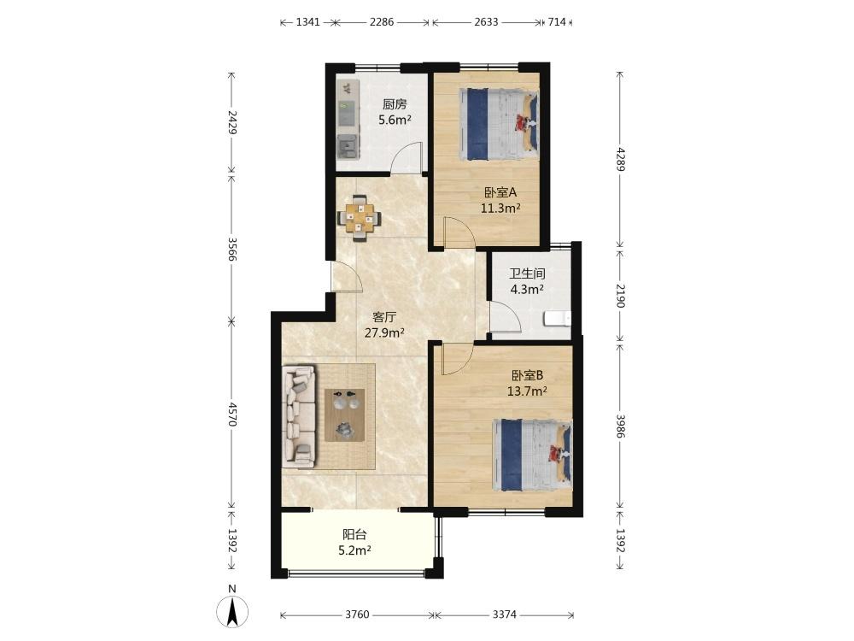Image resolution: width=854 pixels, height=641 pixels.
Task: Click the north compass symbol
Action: coord(232,611)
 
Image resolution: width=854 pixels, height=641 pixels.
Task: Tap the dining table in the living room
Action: coord(359,219)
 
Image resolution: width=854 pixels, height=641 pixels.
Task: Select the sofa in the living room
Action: coord(298,416)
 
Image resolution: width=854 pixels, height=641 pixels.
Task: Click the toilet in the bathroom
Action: coord(558,318)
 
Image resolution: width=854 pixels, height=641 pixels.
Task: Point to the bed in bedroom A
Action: coord(499,124)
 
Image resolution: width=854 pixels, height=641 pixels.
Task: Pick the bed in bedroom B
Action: coord(532,455)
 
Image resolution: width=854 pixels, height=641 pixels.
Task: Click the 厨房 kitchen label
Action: coord(395,104)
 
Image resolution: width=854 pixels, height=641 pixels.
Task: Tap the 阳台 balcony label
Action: coord(354,535)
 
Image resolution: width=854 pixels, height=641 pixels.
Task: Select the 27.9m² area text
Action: coord(384,332)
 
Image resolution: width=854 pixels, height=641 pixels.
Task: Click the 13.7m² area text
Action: coord(527,391)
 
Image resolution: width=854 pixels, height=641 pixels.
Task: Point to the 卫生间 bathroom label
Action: coord(527,273)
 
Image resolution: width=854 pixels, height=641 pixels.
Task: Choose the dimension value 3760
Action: coord(357,615)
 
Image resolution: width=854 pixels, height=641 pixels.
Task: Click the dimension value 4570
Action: coord(232,415)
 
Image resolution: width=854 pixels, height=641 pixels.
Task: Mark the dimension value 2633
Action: coord(486,22)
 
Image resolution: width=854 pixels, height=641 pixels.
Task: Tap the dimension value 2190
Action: coord(620,295)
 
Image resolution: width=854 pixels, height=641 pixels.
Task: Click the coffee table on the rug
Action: coord(345,415)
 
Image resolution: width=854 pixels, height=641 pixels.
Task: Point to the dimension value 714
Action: coord(557,22)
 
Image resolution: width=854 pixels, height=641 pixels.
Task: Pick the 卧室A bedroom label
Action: coord(500,192)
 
